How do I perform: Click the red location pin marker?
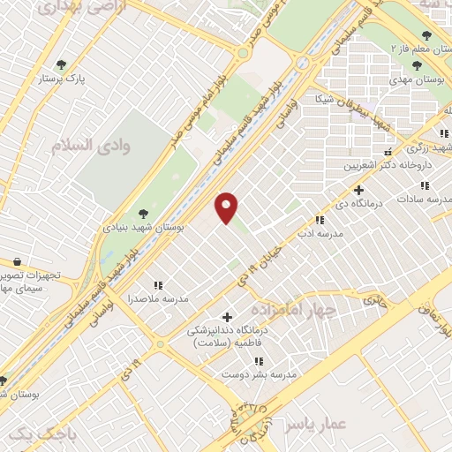click(228, 207)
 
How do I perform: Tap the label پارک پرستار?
click(61, 79)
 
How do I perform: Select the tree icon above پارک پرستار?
click(61, 64)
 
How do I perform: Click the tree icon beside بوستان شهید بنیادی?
click(143, 213)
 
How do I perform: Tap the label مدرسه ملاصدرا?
click(158, 299)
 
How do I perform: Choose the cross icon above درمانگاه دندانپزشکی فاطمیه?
click(227, 317)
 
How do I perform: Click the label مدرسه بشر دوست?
click(258, 374)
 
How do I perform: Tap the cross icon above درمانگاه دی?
click(358, 190)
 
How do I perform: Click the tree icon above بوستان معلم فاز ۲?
click(426, 35)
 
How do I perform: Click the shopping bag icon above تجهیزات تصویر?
click(18, 261)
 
